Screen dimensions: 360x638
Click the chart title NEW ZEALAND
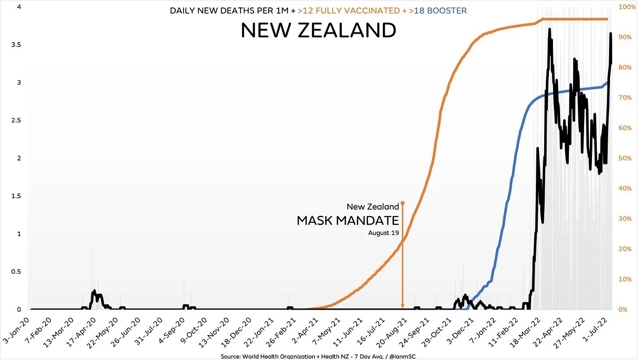(319, 31)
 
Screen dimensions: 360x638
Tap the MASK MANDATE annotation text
(348, 221)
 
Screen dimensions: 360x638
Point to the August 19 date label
(383, 233)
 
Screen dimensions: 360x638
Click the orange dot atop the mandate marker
(403, 203)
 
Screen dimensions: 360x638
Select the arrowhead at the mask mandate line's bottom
(403, 306)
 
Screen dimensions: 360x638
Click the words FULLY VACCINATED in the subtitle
(349, 11)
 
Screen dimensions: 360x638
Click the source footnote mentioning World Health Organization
(319, 356)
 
